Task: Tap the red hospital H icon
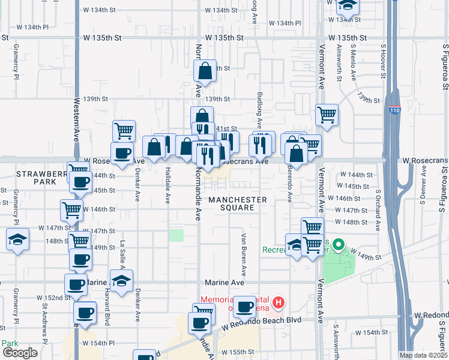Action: (x=278, y=301)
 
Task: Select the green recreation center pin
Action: (x=338, y=245)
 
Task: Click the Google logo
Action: (x=20, y=352)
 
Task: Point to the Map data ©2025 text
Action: (x=423, y=355)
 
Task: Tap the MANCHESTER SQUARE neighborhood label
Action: (x=238, y=203)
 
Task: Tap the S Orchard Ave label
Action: (x=378, y=211)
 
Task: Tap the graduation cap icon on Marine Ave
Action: (x=121, y=281)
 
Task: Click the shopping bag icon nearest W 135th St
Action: (x=205, y=71)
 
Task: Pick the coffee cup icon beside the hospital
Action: (x=244, y=307)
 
